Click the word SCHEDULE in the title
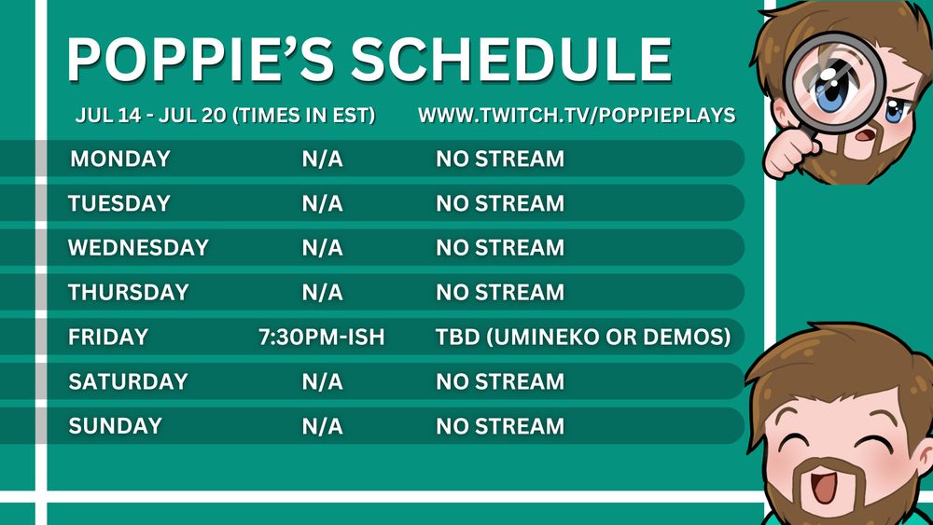[510, 60]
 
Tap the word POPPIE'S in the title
[200, 60]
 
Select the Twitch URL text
[577, 116]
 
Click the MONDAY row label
[120, 159]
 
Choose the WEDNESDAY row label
[138, 248]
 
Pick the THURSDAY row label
[128, 293]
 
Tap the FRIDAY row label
[107, 338]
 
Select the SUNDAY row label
[115, 426]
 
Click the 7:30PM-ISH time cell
[321, 338]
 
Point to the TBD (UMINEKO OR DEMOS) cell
[583, 338]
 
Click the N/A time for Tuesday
[323, 203]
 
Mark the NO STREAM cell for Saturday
[500, 381]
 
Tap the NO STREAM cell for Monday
[500, 159]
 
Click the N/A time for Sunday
[323, 426]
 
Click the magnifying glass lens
[834, 83]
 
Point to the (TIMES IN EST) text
[303, 116]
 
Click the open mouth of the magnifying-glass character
[865, 135]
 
